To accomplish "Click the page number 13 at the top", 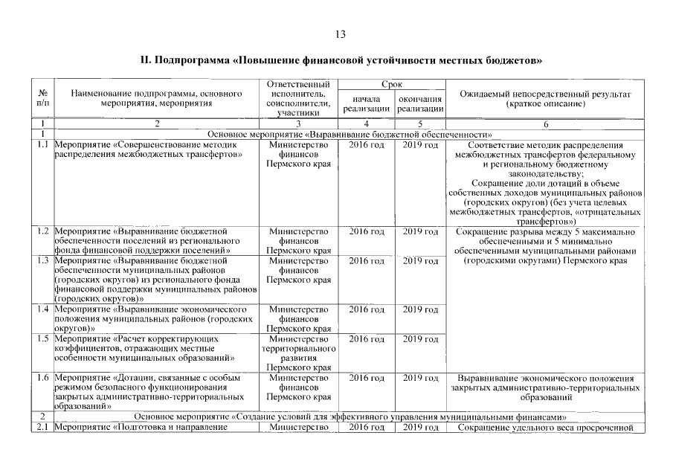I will coord(341,34).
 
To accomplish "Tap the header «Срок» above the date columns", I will coord(392,86).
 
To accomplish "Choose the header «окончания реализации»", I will coord(420,104).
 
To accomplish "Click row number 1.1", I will coord(43,145).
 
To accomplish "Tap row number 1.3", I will coord(43,261).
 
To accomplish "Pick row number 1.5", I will coord(43,338).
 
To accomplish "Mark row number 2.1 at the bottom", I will coord(43,427).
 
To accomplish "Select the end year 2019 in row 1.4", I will coord(420,309).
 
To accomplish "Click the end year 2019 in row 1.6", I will coord(420,378).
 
